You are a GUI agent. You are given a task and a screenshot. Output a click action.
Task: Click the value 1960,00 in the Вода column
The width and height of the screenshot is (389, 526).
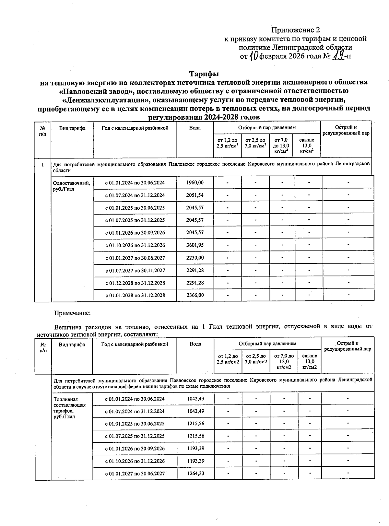(195, 182)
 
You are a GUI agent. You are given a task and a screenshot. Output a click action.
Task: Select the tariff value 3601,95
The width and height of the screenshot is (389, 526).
(195, 245)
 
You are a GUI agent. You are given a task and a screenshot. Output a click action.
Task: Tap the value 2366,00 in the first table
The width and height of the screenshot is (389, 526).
(195, 295)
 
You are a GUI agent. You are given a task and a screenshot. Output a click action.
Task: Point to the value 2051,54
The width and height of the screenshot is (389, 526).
(195, 195)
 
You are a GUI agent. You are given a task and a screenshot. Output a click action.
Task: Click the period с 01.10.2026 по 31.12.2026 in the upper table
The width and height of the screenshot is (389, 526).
(135, 245)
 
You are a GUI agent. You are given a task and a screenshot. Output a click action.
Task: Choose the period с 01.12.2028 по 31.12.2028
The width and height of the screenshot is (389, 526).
(135, 283)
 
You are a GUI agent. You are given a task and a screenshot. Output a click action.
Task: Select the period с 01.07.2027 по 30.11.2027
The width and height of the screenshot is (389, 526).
(135, 270)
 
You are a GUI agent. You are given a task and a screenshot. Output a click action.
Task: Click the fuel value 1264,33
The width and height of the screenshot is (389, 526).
(195, 473)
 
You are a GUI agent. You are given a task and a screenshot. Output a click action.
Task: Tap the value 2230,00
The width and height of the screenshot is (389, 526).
(195, 258)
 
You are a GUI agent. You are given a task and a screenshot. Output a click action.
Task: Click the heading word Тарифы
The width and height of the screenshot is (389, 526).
(204, 74)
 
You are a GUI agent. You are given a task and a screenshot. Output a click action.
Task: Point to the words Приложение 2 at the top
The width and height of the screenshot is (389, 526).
(295, 30)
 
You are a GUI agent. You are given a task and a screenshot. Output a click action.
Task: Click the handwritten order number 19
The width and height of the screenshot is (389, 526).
(339, 56)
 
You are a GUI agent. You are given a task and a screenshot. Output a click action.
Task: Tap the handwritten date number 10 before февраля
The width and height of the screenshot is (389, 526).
(254, 56)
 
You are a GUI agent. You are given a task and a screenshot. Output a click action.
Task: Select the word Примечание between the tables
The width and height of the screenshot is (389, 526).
(72, 313)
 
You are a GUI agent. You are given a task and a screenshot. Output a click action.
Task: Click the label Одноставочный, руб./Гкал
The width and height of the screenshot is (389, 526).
(71, 186)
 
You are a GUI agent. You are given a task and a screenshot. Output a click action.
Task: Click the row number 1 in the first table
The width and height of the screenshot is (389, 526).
(42, 164)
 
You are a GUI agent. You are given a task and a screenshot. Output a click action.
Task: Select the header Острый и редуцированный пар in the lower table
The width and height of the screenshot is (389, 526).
(348, 346)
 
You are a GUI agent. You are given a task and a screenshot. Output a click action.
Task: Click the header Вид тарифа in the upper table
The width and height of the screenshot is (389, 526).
(72, 128)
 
